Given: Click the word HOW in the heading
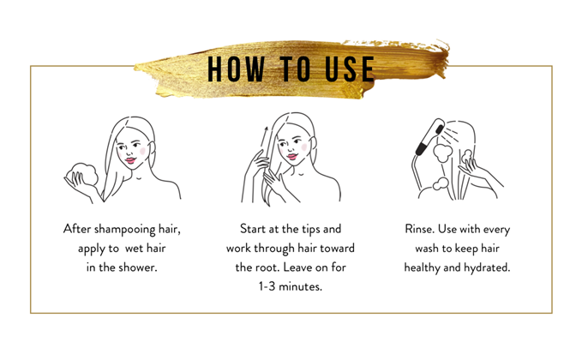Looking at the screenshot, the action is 236,69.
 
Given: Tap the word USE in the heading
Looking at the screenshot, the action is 350,69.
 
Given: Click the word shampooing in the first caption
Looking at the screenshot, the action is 125,230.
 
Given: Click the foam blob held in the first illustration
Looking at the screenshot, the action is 84,175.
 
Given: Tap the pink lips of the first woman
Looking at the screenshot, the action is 130,160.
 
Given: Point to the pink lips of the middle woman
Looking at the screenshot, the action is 292,157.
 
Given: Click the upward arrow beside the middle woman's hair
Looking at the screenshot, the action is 263,141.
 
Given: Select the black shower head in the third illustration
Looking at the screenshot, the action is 429,137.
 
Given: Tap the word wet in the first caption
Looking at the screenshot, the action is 134,249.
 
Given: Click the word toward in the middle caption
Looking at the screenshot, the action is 337,249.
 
